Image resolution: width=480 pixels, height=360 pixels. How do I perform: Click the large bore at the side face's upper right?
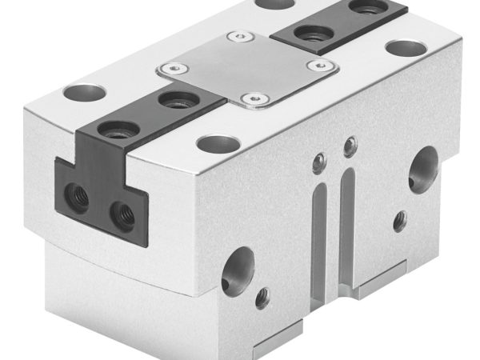pos(422,171)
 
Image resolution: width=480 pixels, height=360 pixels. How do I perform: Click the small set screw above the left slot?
pos(319,163)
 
